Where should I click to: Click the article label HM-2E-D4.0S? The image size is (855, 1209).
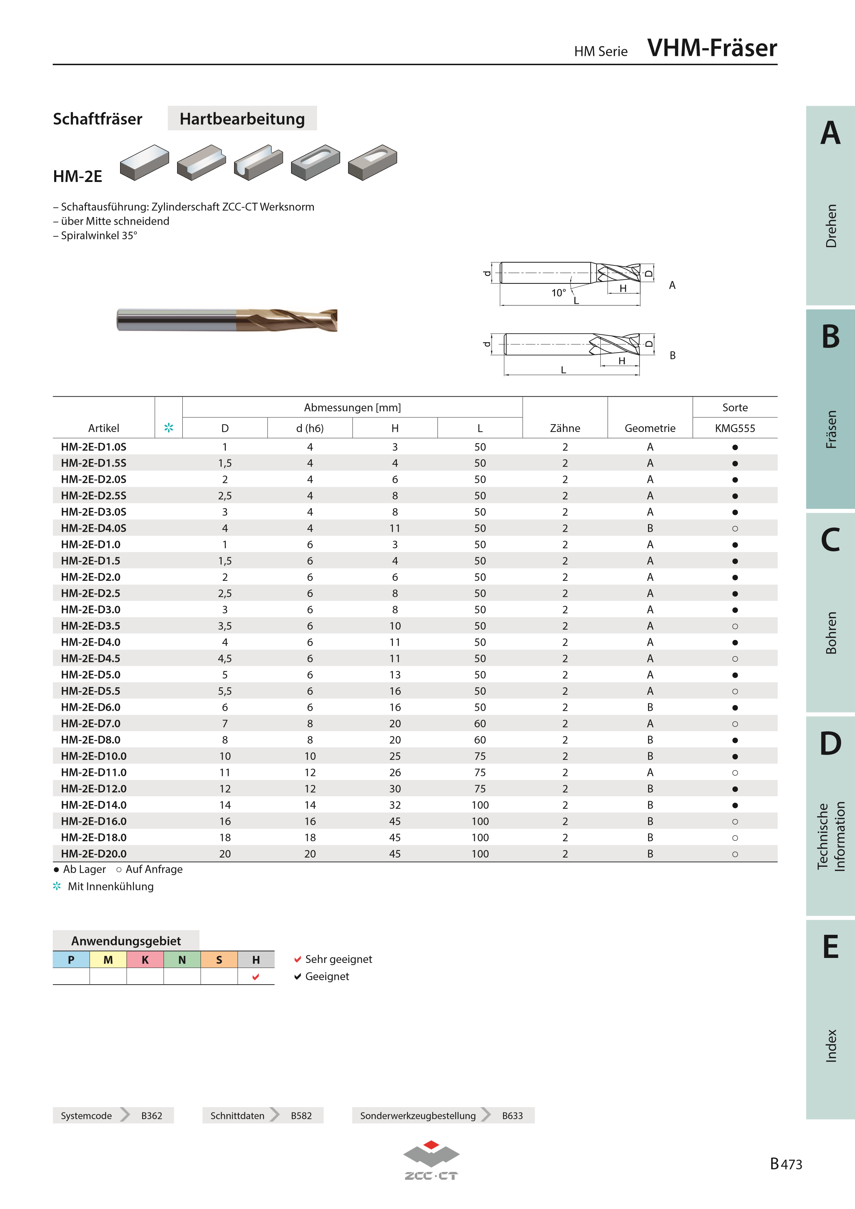93,528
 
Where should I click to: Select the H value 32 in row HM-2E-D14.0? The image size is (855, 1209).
395,805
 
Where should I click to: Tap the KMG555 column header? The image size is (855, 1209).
735,428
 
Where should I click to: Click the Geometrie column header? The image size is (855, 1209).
650,428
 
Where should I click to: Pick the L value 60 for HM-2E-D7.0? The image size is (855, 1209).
480,724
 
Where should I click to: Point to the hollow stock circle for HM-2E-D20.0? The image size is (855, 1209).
735,854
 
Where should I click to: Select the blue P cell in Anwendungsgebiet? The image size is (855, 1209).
71,959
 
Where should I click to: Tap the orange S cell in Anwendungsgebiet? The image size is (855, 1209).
219,959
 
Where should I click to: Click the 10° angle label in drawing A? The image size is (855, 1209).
558,293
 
